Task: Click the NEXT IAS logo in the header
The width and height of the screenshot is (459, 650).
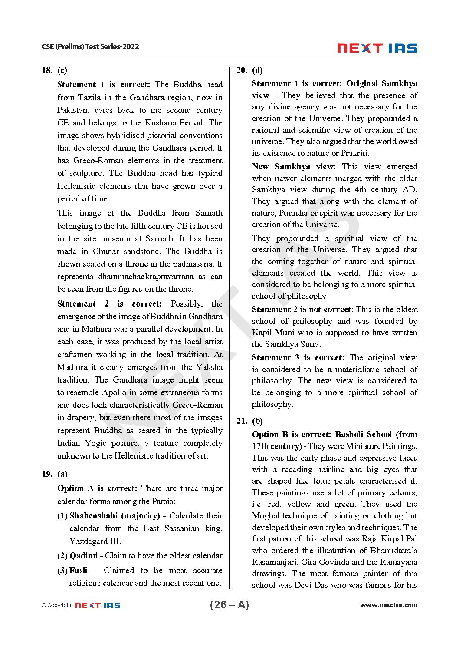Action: (377, 48)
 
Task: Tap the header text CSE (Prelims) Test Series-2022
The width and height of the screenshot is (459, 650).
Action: (90, 46)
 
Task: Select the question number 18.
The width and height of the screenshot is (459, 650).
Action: (47, 70)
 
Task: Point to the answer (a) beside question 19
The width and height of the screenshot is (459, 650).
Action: (62, 474)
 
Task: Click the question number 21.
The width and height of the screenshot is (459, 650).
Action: (242, 421)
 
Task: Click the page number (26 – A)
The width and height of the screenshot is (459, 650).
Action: (229, 605)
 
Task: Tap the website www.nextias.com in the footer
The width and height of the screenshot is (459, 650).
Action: (388, 605)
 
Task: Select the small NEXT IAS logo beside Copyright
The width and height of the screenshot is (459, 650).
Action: (98, 605)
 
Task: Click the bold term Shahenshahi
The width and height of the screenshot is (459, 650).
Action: (93, 515)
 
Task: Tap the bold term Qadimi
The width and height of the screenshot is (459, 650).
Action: (83, 555)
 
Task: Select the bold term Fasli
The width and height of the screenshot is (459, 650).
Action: (78, 570)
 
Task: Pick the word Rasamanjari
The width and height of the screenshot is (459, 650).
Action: (275, 562)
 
